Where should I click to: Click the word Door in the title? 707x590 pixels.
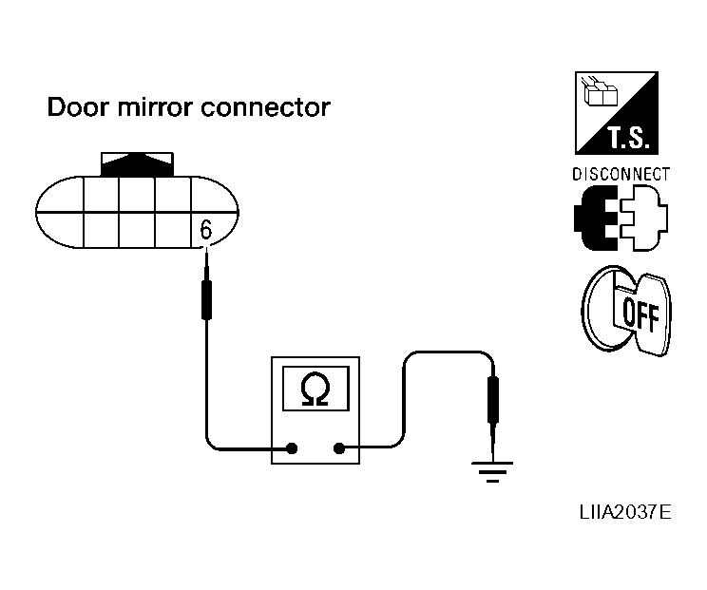pyautogui.click(x=78, y=107)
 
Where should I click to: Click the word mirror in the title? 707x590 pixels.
pyautogui.click(x=154, y=107)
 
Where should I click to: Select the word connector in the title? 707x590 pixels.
pyautogui.click(x=265, y=107)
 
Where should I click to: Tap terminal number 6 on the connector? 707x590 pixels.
pyautogui.click(x=205, y=230)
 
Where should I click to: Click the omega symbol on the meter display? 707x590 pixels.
pyautogui.click(x=315, y=389)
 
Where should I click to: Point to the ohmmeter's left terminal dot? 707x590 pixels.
pyautogui.click(x=292, y=448)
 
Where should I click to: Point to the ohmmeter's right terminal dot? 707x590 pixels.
pyautogui.click(x=339, y=448)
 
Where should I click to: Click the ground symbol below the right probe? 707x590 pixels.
pyautogui.click(x=492, y=472)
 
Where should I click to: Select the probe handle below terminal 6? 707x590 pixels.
pyautogui.click(x=206, y=299)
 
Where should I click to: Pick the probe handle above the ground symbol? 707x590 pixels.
pyautogui.click(x=493, y=400)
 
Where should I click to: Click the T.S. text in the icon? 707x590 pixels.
pyautogui.click(x=628, y=138)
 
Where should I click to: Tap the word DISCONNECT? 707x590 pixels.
pyautogui.click(x=621, y=175)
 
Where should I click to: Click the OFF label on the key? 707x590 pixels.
pyautogui.click(x=640, y=315)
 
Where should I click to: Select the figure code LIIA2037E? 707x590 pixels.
pyautogui.click(x=625, y=512)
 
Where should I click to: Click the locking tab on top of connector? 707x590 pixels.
pyautogui.click(x=137, y=164)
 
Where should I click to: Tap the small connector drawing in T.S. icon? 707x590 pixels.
pyautogui.click(x=600, y=92)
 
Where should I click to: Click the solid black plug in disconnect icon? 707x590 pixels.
pyautogui.click(x=596, y=218)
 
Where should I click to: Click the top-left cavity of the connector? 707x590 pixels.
pyautogui.click(x=101, y=194)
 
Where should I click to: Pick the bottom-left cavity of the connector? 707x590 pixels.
pyautogui.click(x=101, y=230)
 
